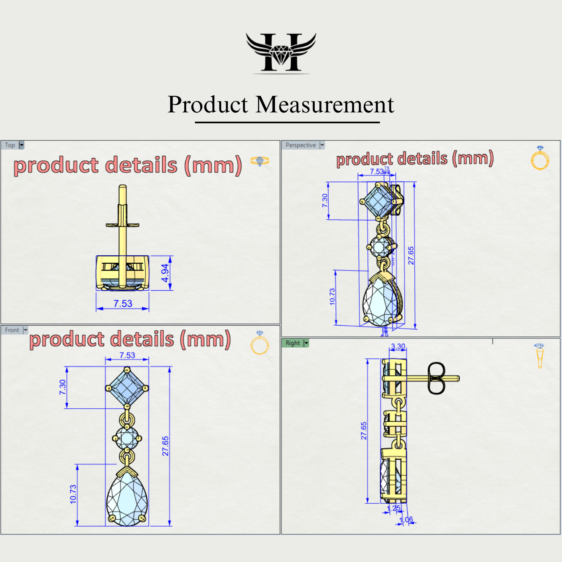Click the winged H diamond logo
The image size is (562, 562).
(x=281, y=52)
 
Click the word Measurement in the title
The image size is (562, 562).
(x=325, y=105)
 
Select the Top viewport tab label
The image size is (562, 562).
(x=10, y=145)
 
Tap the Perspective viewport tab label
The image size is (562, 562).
(x=301, y=145)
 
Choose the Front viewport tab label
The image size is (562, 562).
(x=12, y=330)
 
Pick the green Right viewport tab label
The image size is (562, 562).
(x=293, y=343)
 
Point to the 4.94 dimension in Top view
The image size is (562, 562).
(x=165, y=273)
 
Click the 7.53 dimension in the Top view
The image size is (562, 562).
(x=123, y=304)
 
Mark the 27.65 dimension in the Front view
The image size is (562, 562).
(x=165, y=446)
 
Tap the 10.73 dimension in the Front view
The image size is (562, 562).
(x=73, y=494)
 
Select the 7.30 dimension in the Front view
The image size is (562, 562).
(x=63, y=387)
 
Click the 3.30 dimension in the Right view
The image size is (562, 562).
(x=398, y=346)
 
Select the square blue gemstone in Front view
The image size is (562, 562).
(x=127, y=387)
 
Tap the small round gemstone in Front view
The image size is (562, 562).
(x=127, y=438)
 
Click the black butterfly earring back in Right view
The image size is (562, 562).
(x=436, y=378)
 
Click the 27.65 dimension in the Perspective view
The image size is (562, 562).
(x=411, y=255)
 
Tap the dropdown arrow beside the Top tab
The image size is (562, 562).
(x=22, y=145)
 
